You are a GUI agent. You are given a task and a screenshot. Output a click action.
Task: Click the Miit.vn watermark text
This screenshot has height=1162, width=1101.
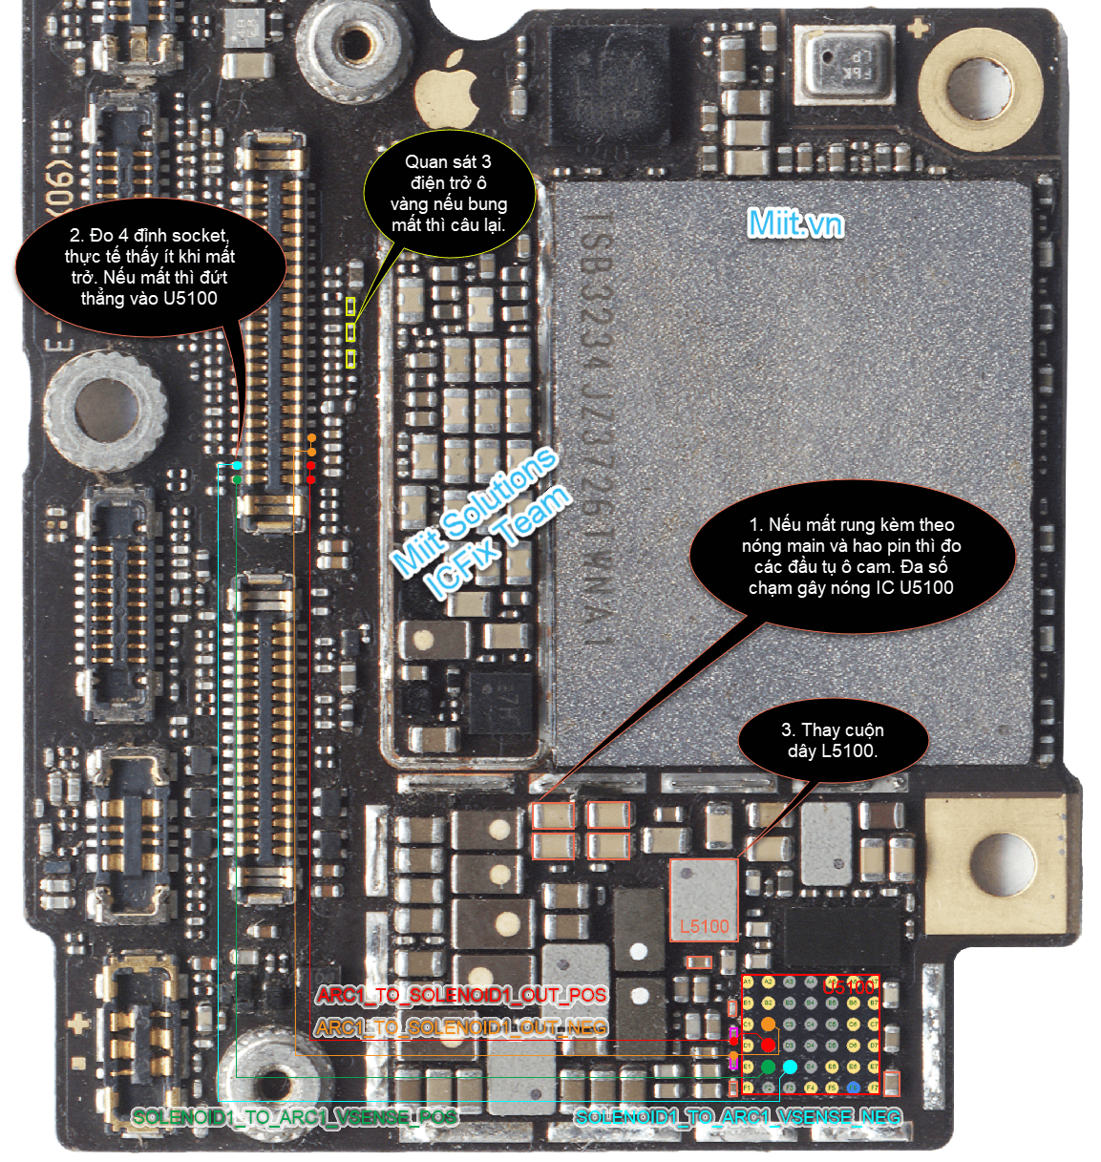pos(795,223)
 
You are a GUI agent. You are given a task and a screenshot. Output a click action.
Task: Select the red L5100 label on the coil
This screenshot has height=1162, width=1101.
pos(705,926)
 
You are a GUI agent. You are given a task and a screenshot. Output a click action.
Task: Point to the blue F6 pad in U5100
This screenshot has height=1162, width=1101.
pos(853,1088)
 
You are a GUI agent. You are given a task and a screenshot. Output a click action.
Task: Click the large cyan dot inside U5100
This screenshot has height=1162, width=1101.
pos(790,1067)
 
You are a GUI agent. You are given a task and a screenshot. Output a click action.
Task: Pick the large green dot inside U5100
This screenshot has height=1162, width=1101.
pos(768,1067)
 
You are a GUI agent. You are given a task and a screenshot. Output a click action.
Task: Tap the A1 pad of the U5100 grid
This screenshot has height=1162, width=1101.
pos(748,982)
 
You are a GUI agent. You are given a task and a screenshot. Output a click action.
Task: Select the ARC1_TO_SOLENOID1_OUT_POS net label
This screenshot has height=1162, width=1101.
pos(461,995)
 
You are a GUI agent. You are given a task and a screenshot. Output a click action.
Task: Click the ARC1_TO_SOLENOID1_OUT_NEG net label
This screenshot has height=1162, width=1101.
pos(461,1027)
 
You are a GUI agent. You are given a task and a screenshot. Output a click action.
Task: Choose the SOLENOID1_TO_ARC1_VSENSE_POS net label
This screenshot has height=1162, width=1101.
pos(294,1116)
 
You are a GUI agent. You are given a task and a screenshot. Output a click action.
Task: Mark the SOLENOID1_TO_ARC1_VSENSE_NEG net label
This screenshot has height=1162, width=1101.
pos(738,1116)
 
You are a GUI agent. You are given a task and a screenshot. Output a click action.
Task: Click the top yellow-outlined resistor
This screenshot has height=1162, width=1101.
pos(350,306)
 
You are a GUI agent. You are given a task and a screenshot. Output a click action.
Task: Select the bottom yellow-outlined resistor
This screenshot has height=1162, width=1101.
pos(350,358)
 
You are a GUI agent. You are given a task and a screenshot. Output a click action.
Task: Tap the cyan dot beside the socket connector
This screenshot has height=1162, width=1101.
pos(237,466)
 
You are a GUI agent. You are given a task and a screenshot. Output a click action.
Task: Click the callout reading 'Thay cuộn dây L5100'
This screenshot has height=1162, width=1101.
pos(833,741)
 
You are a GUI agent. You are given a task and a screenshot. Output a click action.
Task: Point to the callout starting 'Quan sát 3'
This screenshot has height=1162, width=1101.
pos(448,193)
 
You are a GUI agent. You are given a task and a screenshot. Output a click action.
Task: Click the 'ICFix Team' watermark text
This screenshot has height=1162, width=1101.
pos(498,542)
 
